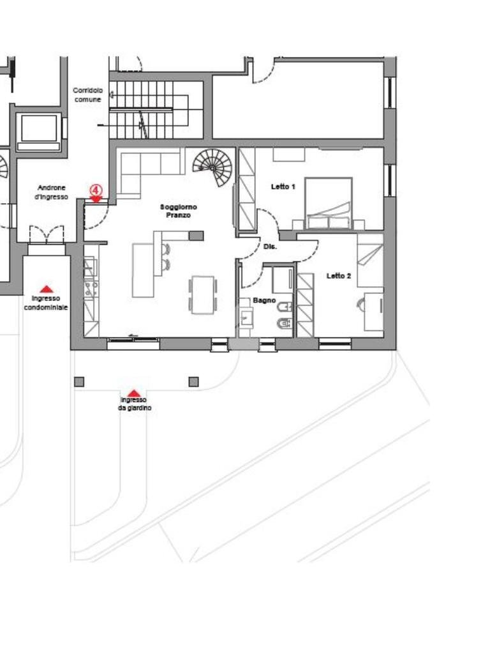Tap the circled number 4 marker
pos(96,190)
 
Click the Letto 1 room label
pos(283,187)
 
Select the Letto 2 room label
pos(338,276)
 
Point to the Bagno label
pos(264,300)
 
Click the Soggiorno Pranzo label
pos(179,211)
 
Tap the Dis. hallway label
pos(270,247)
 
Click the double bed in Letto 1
pos(329,203)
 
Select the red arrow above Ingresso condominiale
pos(46,289)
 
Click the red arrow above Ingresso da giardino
pos(133,393)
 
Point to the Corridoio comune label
pos(87,95)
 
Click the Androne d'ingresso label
pos(51,192)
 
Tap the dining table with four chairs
pos(203,294)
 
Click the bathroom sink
pos(246,319)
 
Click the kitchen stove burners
pos(91,289)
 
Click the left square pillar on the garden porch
pos(79,382)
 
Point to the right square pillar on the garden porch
pos(194,382)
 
